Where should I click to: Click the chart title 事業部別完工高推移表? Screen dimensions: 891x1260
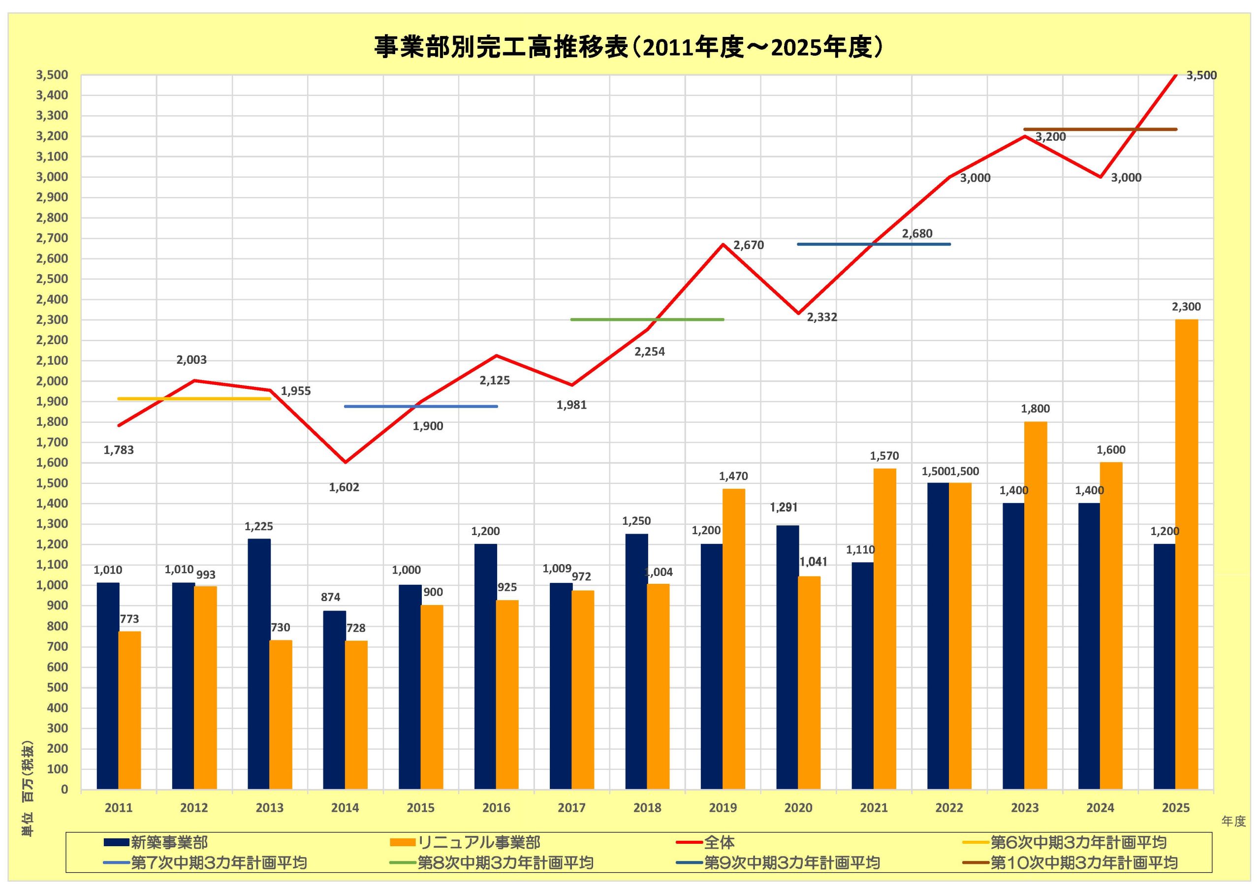[x=630, y=47]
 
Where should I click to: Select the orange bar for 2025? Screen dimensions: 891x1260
[x=1187, y=554]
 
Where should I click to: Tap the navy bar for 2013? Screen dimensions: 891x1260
[x=258, y=664]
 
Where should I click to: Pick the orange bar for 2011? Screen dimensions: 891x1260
[x=129, y=710]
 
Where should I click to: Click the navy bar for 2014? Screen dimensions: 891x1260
[x=334, y=700]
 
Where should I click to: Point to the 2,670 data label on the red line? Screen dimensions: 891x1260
[x=749, y=246]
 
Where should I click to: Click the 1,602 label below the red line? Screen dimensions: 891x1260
[x=344, y=487]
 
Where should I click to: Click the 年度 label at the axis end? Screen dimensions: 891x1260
[x=1233, y=821]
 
